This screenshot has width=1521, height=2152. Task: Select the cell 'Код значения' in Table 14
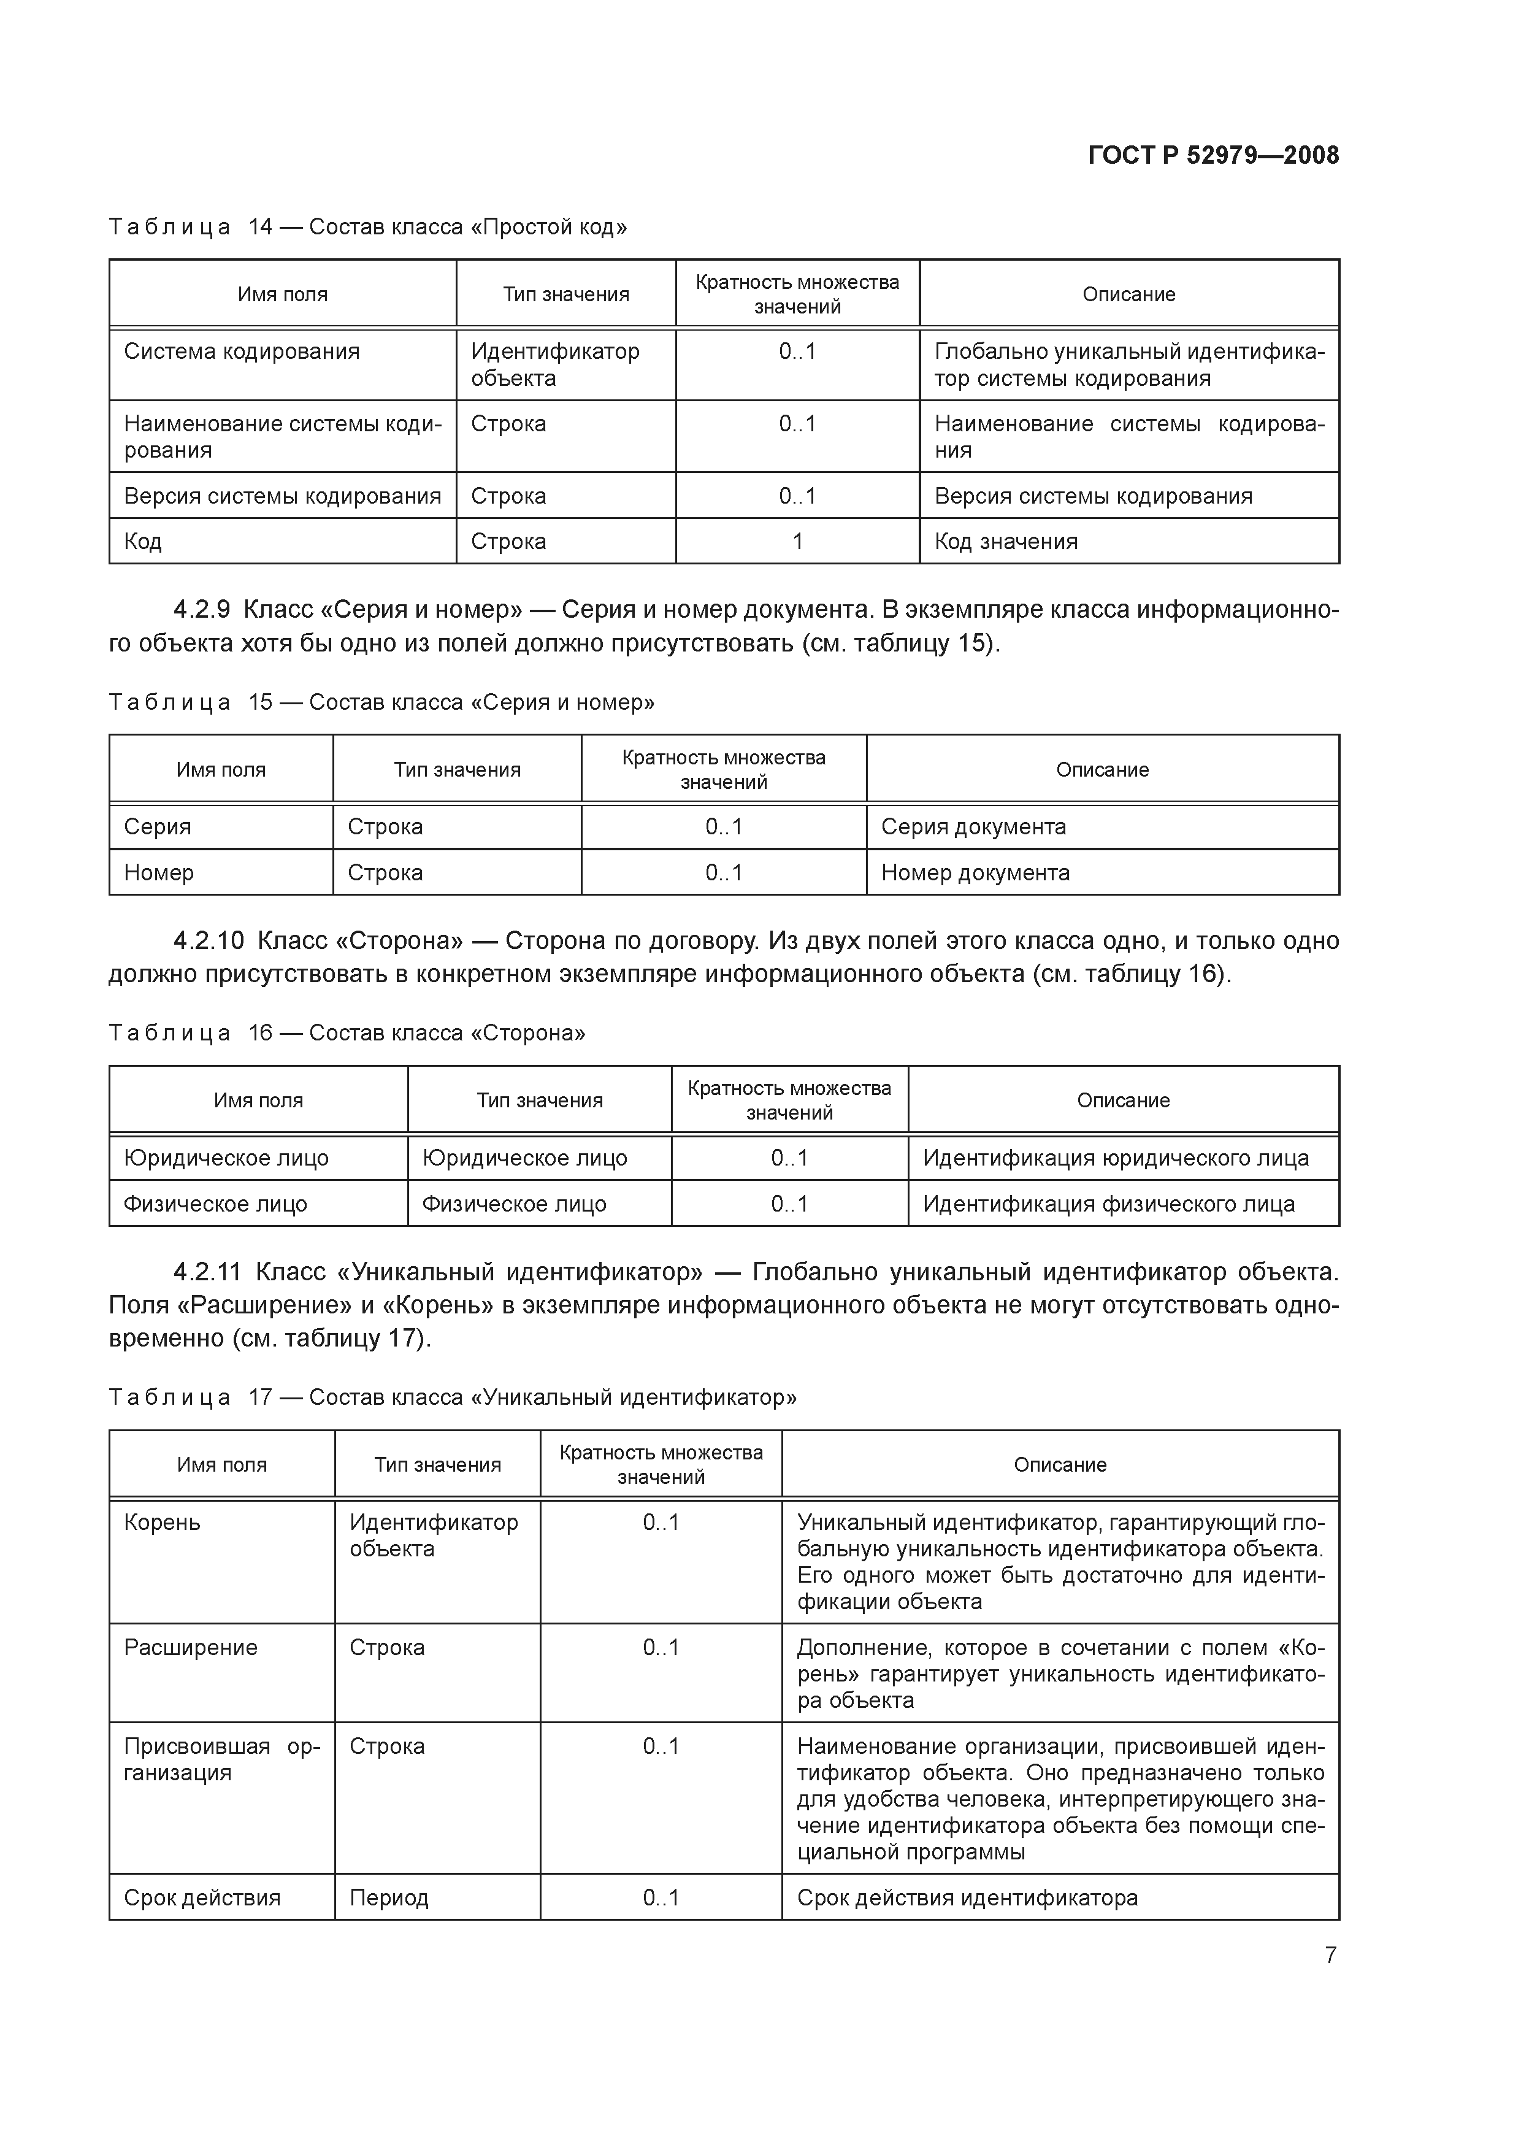pos(1006,542)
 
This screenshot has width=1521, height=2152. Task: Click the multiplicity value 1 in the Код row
pos(797,542)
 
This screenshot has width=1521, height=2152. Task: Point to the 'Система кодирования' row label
pos(242,352)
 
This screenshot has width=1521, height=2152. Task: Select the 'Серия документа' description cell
pos(973,827)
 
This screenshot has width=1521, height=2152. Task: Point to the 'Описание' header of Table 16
pos(1123,1101)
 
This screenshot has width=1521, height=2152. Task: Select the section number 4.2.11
pos(207,1272)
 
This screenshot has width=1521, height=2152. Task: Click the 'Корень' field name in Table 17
pos(162,1522)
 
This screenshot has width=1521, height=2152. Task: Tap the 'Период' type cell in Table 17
pos(389,1898)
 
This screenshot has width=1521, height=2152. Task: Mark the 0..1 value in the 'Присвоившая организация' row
pos(661,1746)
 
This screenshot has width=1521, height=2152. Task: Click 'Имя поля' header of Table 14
pos(282,294)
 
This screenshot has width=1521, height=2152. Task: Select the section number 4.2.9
pos(202,610)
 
